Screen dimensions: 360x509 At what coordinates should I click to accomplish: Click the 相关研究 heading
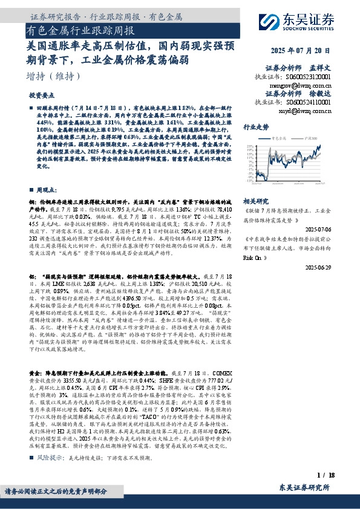tap(255, 201)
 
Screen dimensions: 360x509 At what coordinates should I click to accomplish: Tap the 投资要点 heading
tap(41, 96)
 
